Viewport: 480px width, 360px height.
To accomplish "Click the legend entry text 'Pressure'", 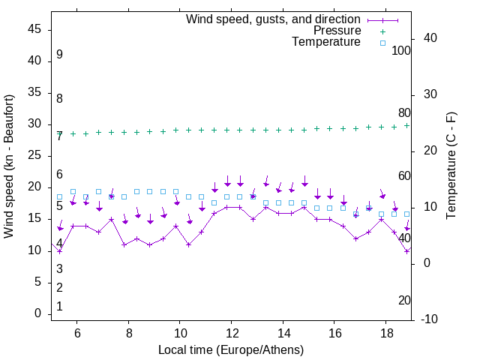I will click(x=337, y=31).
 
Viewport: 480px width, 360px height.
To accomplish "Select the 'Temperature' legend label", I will click(x=326, y=43).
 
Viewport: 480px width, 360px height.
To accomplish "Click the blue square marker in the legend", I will click(x=382, y=43).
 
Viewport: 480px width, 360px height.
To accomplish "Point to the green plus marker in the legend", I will click(x=382, y=31).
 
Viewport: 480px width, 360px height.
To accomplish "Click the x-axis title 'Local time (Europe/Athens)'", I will click(x=231, y=350).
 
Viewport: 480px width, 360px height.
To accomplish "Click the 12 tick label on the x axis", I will click(x=232, y=332).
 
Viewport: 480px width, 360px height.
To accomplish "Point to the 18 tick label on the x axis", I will click(x=385, y=332).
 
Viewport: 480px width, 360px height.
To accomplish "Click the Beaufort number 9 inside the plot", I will click(x=59, y=55).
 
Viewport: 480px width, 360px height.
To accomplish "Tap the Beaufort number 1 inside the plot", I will click(x=59, y=307).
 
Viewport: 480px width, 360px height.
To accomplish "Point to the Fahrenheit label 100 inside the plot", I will click(x=401, y=51).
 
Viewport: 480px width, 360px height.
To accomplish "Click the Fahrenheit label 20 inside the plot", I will click(x=404, y=301).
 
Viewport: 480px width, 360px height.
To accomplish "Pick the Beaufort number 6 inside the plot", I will click(x=59, y=175).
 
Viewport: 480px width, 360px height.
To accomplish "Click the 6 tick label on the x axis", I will click(x=77, y=332).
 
